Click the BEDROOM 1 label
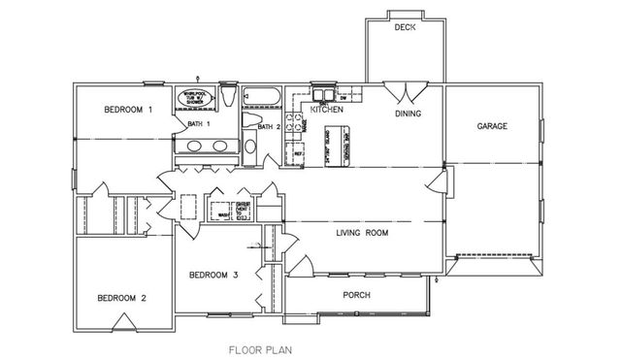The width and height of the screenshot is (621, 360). click(129, 111)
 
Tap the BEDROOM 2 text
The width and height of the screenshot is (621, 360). click(121, 298)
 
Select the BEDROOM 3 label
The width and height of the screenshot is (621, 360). click(213, 276)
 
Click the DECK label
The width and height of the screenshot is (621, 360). click(405, 28)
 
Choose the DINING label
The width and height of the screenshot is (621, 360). click(408, 115)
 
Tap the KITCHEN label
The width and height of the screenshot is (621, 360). click(327, 110)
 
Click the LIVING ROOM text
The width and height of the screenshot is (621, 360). click(362, 234)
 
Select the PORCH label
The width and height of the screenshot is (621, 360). click(358, 295)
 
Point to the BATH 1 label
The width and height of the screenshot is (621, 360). click(199, 124)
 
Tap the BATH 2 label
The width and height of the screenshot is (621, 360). click(269, 126)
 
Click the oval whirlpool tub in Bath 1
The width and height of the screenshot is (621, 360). click(193, 100)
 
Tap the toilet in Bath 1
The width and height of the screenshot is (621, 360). click(227, 98)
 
